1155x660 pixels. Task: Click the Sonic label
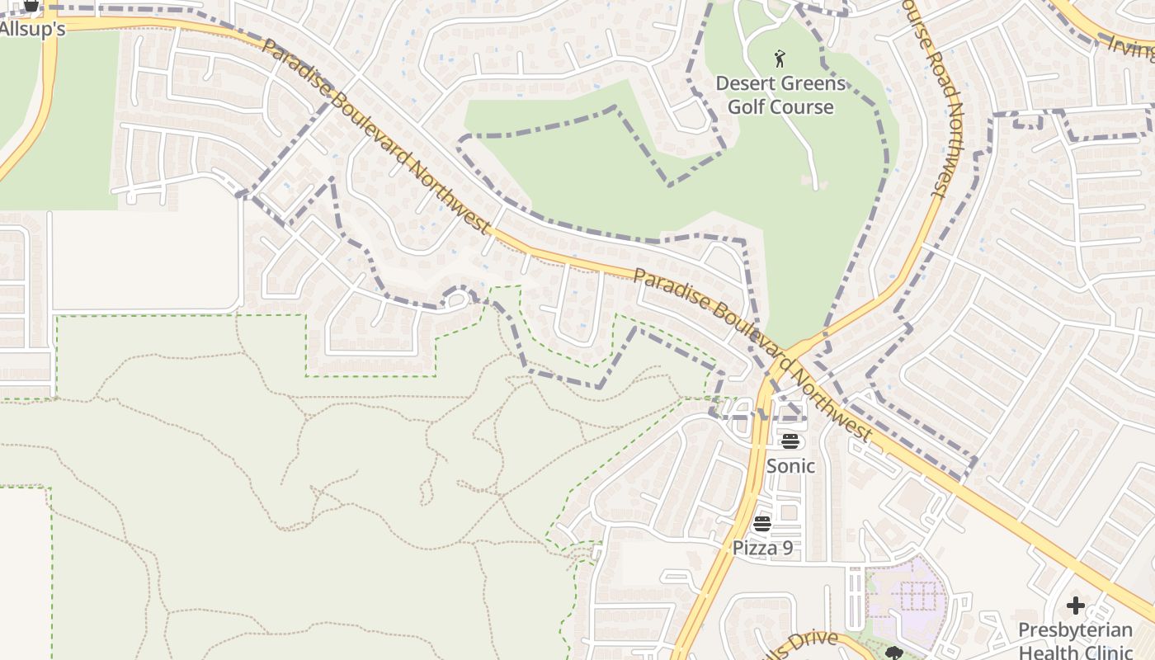point(790,466)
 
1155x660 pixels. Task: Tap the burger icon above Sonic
point(790,441)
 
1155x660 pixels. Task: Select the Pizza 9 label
point(762,548)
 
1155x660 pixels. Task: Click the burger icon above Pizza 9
point(761,523)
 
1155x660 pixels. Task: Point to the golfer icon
point(780,59)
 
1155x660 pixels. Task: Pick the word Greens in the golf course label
point(814,83)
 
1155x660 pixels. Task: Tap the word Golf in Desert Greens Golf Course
point(745,107)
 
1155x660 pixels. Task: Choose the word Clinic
point(1108,652)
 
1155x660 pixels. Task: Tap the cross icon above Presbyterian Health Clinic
point(1075,606)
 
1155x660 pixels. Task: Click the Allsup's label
point(31,29)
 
